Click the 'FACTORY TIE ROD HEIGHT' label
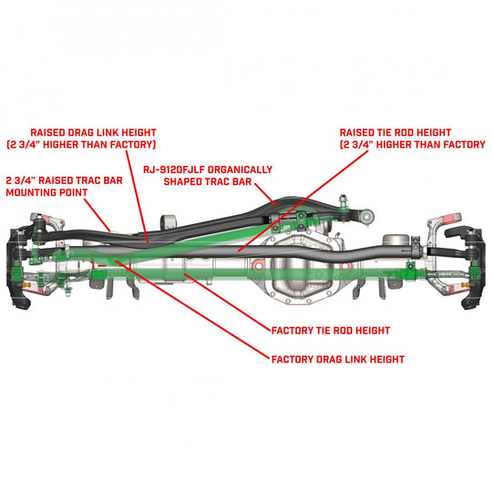coord(332,330)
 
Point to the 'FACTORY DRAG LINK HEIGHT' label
coord(337,359)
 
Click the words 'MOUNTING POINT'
coord(46,193)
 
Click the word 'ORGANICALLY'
coord(240,169)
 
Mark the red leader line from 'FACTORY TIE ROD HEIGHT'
coord(228,300)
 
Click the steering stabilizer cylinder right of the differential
coord(401,241)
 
